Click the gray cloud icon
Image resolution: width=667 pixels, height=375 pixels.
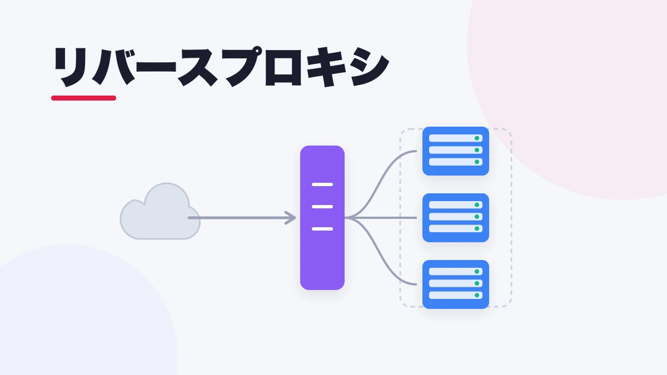(160, 212)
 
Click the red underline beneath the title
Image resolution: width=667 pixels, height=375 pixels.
(84, 98)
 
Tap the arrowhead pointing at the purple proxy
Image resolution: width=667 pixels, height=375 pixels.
(290, 218)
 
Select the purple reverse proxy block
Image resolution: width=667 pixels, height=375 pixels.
(322, 218)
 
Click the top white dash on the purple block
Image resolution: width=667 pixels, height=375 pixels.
(322, 184)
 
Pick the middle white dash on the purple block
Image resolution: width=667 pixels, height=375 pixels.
(322, 207)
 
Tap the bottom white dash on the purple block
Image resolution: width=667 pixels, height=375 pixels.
(322, 229)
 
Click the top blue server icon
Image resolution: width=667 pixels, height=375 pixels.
(456, 151)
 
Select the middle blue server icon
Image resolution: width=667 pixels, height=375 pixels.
(456, 218)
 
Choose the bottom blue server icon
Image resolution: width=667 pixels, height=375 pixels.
(456, 284)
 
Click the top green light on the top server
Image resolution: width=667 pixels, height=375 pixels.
(477, 138)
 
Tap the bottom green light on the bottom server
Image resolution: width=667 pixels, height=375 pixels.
(477, 295)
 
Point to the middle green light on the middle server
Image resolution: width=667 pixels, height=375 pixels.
(477, 217)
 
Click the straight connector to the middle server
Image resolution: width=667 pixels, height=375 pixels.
(381, 218)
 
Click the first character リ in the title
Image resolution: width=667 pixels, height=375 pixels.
(71, 67)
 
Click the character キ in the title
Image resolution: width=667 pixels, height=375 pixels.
(326, 67)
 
